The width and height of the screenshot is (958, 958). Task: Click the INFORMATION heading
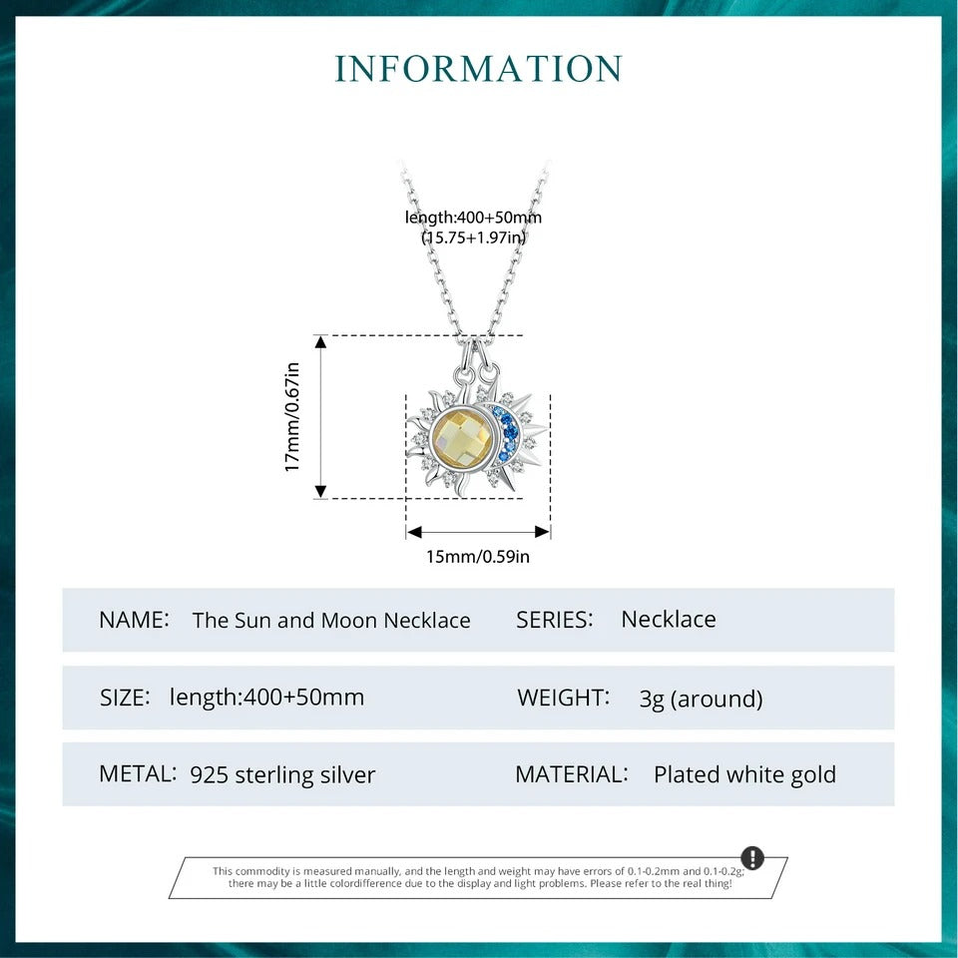pos(479,69)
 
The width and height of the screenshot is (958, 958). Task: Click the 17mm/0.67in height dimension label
pos(292,416)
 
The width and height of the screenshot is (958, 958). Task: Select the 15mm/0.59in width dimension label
pos(478,556)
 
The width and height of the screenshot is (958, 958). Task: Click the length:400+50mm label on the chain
pos(474,218)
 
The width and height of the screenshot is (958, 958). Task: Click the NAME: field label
pos(134,620)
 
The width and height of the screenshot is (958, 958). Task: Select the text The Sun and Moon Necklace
pos(331,621)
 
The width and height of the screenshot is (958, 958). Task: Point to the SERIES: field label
pos(555,620)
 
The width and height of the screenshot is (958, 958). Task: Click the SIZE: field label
pos(125,698)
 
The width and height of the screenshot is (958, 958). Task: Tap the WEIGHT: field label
pos(563,698)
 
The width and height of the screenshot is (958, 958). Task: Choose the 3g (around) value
pos(701,699)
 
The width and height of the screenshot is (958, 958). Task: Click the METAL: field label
pos(138,773)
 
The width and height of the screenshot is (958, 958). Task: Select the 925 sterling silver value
pos(282,774)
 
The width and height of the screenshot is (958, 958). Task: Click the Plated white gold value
pos(744,774)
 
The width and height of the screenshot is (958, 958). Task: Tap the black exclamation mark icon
pos(752,858)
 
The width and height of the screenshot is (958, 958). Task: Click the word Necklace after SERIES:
pos(669,620)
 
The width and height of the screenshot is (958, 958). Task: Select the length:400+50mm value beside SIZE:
pos(266,698)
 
